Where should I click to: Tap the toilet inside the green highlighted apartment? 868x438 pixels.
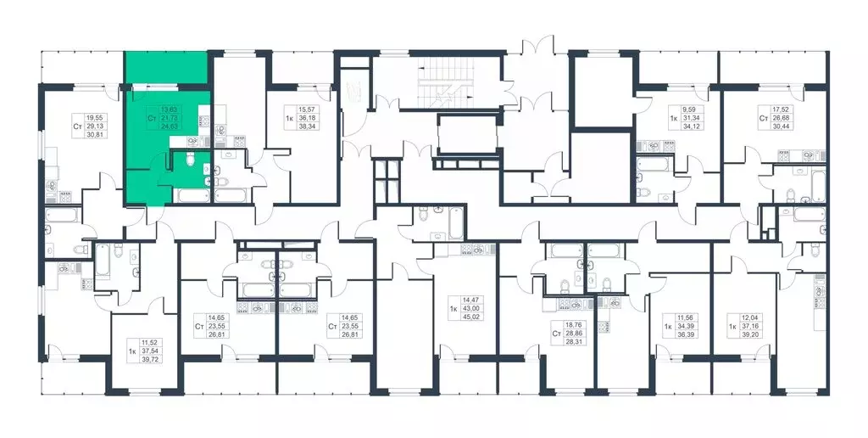(192, 160)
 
